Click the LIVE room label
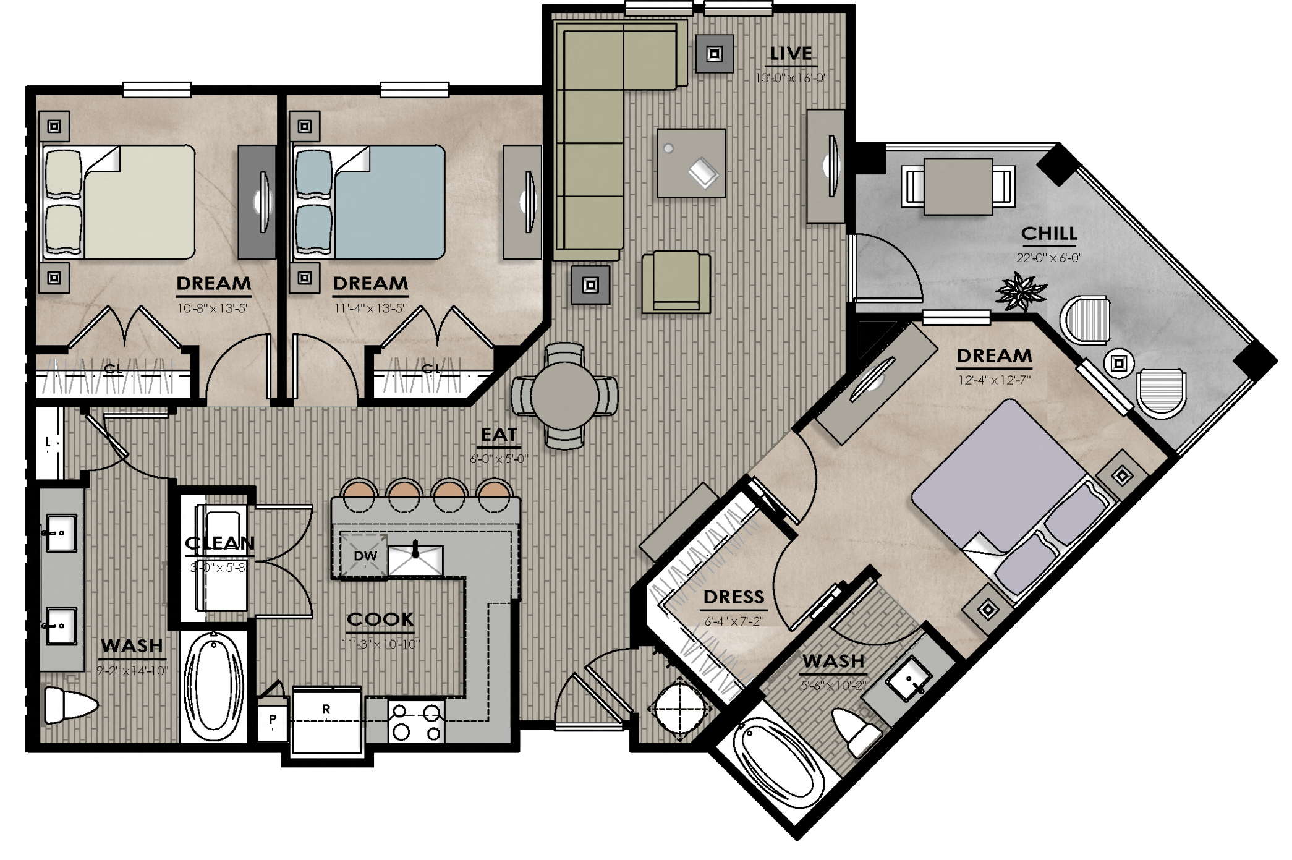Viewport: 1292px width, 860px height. coord(791,54)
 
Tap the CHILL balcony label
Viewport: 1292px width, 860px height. coord(1048,234)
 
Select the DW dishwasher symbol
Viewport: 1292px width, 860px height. coord(365,555)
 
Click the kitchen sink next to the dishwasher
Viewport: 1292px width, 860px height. coord(416,559)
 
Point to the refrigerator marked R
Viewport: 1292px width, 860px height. coord(326,720)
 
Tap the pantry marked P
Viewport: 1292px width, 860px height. coord(273,720)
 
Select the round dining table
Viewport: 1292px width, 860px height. coord(564,396)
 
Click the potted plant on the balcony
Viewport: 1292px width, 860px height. coord(1021,292)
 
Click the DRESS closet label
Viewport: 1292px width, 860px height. coord(734,597)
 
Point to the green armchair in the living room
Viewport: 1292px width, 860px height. coord(676,282)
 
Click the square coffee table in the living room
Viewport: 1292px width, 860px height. coord(691,163)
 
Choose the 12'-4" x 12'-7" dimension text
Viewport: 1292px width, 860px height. coord(994,380)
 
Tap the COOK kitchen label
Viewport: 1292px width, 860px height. coord(380,619)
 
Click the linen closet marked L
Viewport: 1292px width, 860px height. coord(48,443)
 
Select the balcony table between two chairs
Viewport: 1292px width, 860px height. coord(958,186)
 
